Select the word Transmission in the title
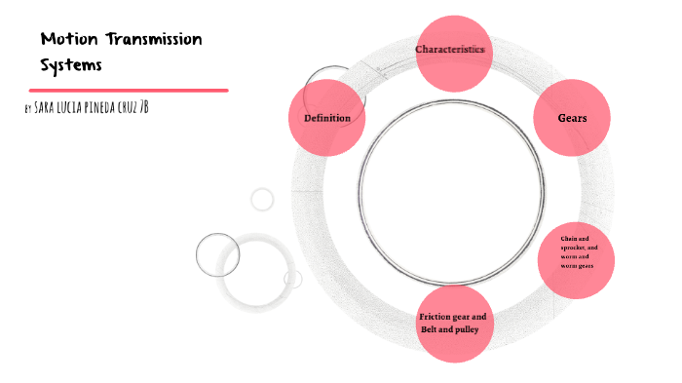pos(149,40)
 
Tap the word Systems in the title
pos(71,65)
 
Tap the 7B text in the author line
pos(143,106)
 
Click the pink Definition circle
pos(327,119)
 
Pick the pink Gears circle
pos(571,119)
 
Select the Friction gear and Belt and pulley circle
pos(453,324)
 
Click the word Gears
pos(571,119)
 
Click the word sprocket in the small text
pos(573,248)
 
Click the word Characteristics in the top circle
pos(450,49)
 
